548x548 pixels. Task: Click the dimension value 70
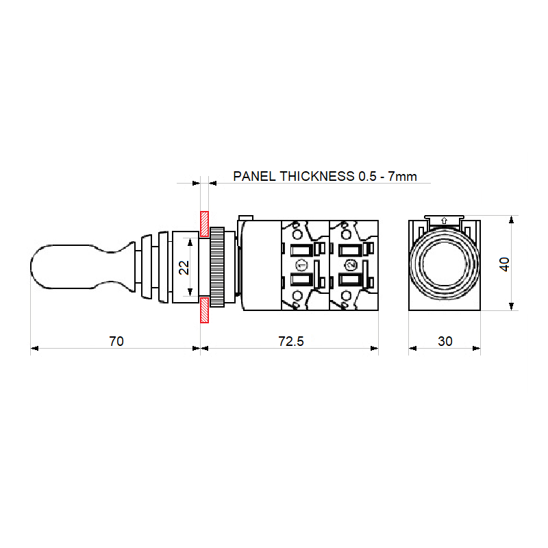pos(116,341)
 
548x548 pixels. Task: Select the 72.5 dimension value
pos(291,341)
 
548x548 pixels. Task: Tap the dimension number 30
pos(445,341)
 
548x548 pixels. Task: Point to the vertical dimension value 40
pos(504,264)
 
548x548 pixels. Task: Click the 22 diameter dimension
pos(184,268)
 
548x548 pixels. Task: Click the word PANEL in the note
pos(254,176)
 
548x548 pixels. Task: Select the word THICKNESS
pos(317,176)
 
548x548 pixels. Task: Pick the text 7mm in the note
pos(402,176)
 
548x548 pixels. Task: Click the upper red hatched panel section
pos(204,224)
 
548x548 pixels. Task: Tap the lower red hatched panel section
pos(204,310)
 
